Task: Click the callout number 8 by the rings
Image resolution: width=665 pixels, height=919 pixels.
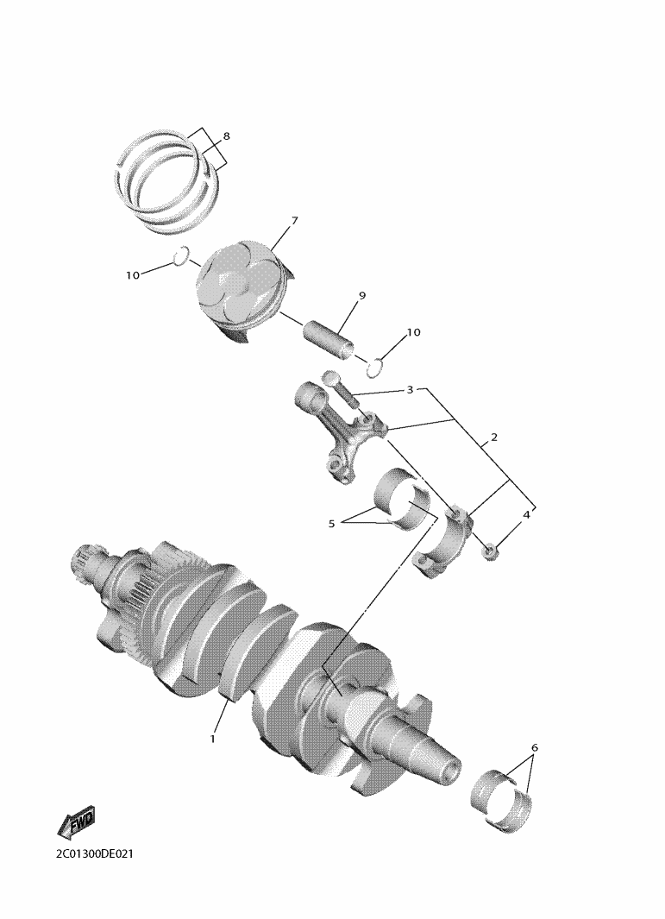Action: (x=226, y=136)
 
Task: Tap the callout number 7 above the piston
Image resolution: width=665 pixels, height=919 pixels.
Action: (x=294, y=221)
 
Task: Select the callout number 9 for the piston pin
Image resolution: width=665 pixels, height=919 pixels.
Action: (x=361, y=296)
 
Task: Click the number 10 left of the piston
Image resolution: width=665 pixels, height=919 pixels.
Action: (x=133, y=275)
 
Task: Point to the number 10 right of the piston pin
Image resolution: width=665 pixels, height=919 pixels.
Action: (x=414, y=332)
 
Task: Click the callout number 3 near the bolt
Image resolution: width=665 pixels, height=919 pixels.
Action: (x=411, y=390)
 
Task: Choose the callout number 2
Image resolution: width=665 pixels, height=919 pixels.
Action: (x=494, y=437)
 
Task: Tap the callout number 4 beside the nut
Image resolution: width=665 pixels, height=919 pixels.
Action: (x=526, y=514)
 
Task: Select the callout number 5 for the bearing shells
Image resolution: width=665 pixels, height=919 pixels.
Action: (x=331, y=524)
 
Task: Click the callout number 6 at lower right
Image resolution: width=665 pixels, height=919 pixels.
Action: (x=535, y=748)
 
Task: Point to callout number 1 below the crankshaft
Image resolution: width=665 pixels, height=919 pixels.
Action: (x=213, y=739)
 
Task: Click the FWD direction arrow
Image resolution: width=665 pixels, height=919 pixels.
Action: (x=76, y=822)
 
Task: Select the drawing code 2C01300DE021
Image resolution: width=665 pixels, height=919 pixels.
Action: (x=95, y=854)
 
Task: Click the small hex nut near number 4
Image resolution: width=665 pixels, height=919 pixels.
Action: (x=490, y=551)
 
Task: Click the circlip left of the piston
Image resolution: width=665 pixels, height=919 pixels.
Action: (x=181, y=256)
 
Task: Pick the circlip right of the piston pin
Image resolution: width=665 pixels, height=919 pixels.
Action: (x=375, y=368)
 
